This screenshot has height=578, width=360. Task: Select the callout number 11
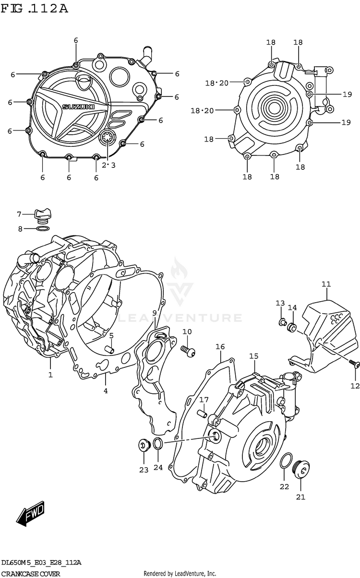point(326,284)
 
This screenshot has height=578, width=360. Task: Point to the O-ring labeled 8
point(43,229)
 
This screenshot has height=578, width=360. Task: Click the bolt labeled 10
point(189,352)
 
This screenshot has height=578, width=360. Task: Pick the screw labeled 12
point(354,365)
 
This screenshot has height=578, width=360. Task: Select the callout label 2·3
point(108,165)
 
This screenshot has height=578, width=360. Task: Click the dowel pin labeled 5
point(110,349)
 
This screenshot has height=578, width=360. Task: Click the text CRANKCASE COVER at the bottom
point(31,574)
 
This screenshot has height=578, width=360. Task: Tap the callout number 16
point(220,347)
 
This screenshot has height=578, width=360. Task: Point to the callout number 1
point(50,375)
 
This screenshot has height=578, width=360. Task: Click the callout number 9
point(155,313)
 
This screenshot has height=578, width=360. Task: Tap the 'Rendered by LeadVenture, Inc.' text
point(180,574)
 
